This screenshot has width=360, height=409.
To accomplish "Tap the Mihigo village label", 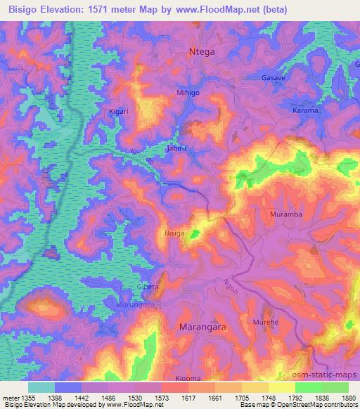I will tap(188, 92).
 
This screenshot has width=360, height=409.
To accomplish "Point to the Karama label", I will tap(306, 111).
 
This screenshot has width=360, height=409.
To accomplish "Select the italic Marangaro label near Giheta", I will tap(131, 304).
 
